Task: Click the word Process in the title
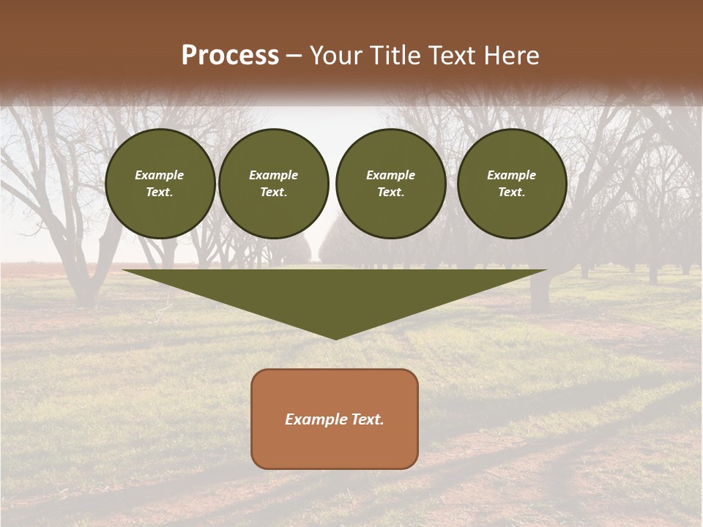pos(230,56)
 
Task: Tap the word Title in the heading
pos(396,56)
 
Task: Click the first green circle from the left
pos(160,184)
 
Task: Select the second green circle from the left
pos(274,184)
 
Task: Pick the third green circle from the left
pos(390,184)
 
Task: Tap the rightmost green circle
pos(512,184)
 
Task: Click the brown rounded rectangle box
pos(335,446)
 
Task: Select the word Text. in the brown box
pos(368,419)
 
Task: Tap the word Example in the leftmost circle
pos(160,175)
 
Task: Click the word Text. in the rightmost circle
pos(512,193)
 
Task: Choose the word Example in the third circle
pos(390,175)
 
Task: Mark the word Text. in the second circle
pos(274,193)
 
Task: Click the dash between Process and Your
pos(294,56)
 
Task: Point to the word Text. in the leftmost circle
pos(160,193)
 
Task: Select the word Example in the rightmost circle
pos(512,175)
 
